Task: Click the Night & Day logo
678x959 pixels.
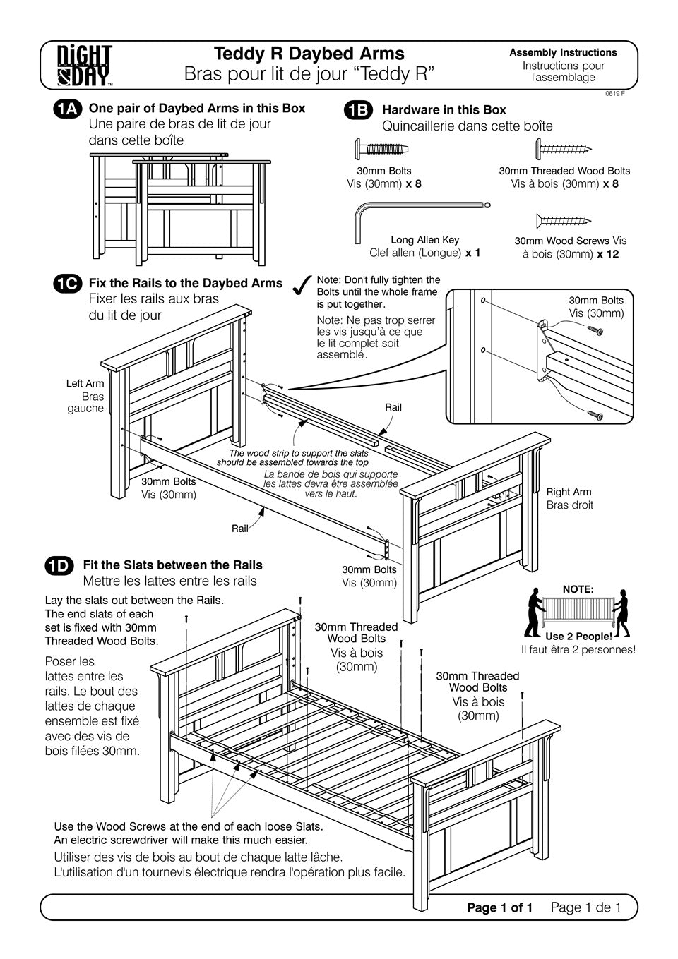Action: point(85,65)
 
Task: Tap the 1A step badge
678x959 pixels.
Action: point(69,109)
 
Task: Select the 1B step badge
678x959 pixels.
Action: point(357,110)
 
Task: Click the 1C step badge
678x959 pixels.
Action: point(69,284)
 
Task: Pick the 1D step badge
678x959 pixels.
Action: point(59,565)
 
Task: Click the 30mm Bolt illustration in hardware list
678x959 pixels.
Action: point(381,150)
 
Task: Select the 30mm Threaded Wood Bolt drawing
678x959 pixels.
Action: point(563,149)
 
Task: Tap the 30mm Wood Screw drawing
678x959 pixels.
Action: point(563,221)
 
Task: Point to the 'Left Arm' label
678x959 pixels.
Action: point(85,383)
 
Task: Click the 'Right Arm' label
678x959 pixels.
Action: point(569,492)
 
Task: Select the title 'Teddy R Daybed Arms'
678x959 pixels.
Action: point(309,54)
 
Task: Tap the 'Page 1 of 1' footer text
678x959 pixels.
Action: point(499,907)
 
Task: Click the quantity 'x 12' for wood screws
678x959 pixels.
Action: point(607,254)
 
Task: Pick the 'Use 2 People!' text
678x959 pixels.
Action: point(578,636)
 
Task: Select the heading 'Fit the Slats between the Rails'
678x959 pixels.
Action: point(172,565)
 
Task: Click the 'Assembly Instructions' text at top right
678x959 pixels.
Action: point(563,52)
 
